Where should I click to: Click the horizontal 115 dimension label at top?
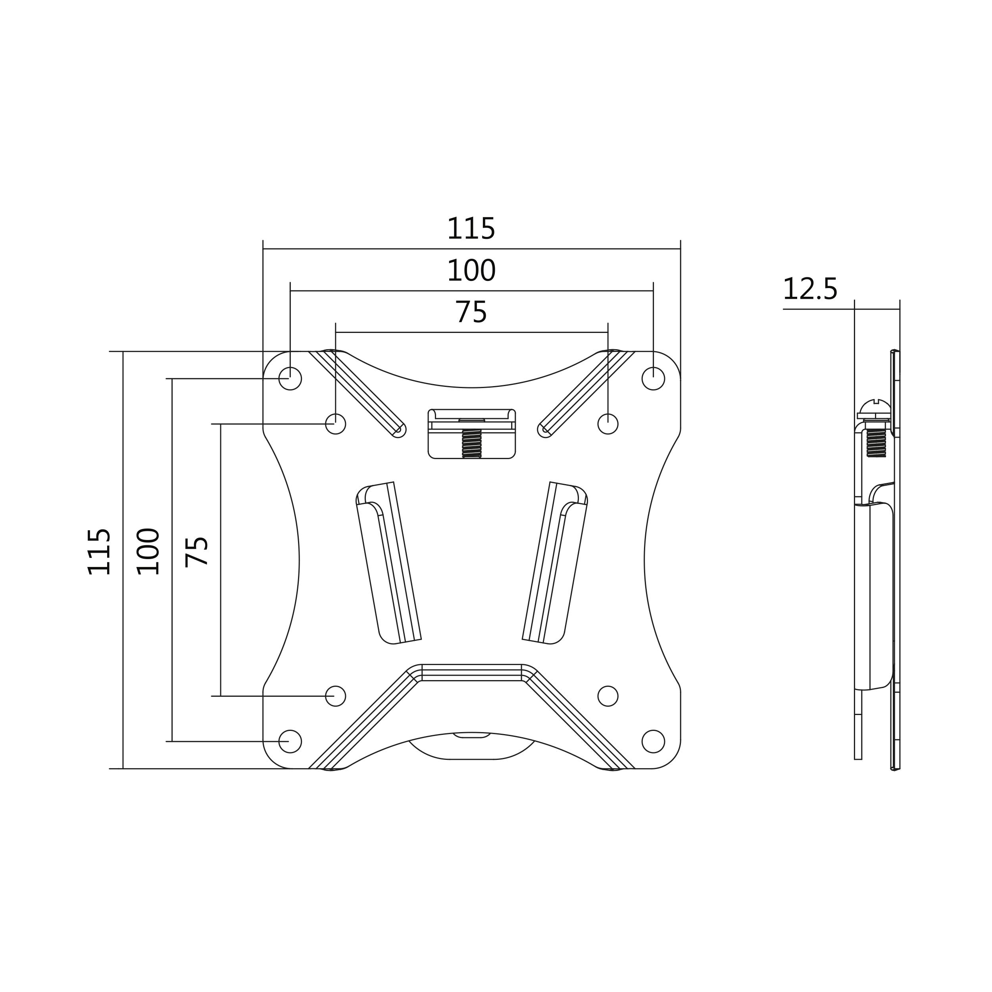coord(471,229)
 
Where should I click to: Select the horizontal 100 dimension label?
coord(471,271)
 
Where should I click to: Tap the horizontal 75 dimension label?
coord(471,312)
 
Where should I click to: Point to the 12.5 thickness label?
coord(810,289)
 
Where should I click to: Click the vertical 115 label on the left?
coord(99,551)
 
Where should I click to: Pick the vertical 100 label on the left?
coord(148,551)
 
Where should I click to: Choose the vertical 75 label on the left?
coord(197,551)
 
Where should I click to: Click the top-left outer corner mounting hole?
coord(290,379)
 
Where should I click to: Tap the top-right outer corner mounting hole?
coord(653,379)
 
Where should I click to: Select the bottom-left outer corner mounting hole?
coord(290,742)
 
